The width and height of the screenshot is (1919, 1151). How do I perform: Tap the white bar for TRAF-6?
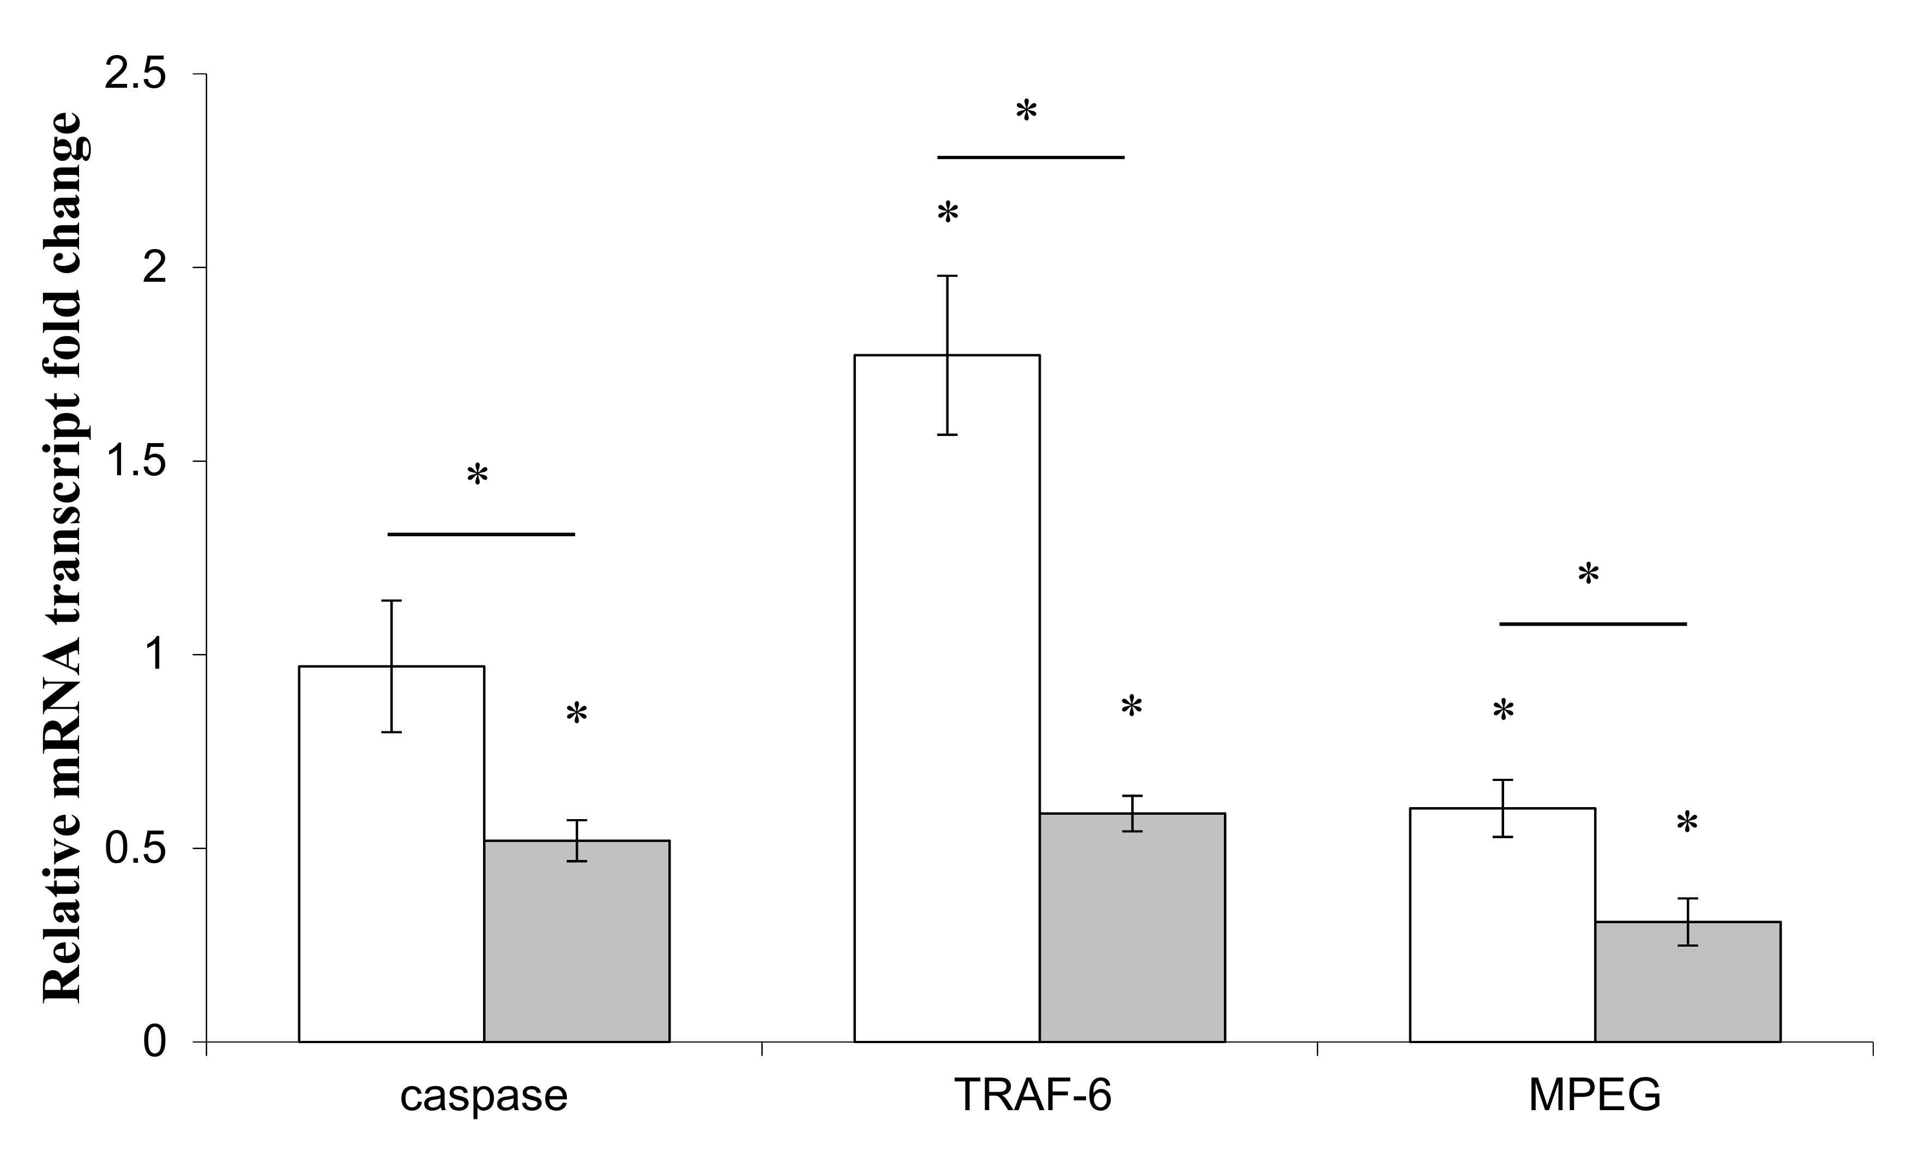(946, 698)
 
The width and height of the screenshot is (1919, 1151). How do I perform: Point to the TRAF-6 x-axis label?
(1033, 1096)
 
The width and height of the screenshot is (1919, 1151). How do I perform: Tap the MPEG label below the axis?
(1594, 1096)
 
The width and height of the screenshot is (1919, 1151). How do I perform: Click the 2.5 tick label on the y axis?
(135, 75)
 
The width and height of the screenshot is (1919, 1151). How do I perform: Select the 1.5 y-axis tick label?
(135, 462)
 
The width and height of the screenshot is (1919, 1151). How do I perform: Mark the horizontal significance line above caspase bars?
(481, 535)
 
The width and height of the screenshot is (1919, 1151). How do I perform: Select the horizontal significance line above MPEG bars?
(1592, 623)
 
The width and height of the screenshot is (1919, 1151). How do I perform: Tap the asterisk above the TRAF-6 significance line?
(1025, 112)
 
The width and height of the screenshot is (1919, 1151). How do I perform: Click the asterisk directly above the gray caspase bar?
(576, 713)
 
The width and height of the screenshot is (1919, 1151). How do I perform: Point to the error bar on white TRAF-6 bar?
(947, 355)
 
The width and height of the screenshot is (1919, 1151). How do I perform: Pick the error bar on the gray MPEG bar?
(1687, 922)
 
